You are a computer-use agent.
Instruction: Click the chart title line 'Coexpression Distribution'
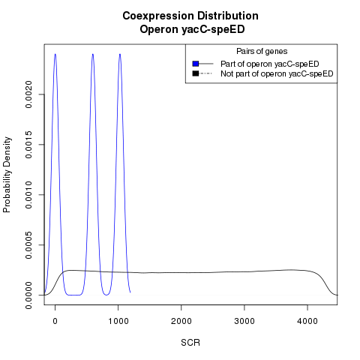coord(190,16)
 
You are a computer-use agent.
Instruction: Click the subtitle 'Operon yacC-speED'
coord(192,29)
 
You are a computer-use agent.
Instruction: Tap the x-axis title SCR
coord(190,343)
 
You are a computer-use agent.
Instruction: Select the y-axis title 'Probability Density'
coord(7,175)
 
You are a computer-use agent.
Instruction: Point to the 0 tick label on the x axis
coord(55,321)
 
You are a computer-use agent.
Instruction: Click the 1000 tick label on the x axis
coord(118,321)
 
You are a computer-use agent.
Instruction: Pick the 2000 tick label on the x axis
coord(181,321)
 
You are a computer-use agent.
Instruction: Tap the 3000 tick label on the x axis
coord(244,321)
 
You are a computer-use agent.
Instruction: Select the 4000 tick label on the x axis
coord(307,321)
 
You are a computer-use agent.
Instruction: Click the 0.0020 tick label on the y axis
coord(28,94)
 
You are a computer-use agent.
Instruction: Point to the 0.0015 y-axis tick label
coord(28,145)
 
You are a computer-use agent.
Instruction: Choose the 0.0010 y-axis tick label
coord(28,195)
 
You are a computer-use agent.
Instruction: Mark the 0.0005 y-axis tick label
coord(28,244)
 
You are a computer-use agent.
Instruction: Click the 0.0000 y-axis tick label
coord(28,295)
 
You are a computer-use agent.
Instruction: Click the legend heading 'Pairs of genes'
coord(262,51)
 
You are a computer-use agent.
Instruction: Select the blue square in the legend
coord(196,64)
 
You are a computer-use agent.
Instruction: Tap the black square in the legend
coord(196,73)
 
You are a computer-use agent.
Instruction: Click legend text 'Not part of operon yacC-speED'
coord(277,73)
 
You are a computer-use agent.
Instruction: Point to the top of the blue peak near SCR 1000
coord(120,54)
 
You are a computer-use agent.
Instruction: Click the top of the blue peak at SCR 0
coord(55,54)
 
